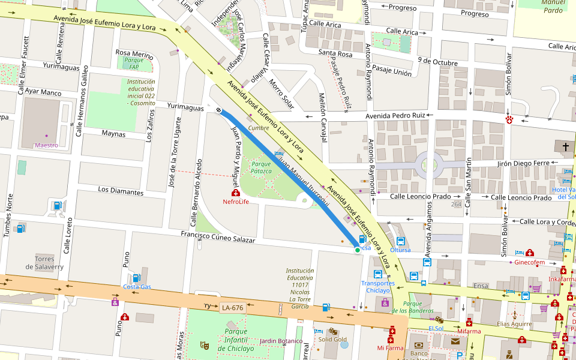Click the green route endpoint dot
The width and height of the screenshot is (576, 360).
point(358,250)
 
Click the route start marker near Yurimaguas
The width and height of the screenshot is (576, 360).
point(219,110)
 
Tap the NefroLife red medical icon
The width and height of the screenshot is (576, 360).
point(236,193)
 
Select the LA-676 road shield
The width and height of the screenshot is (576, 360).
point(232,308)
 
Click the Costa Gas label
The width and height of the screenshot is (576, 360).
point(137,287)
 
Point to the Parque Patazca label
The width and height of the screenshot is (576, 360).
point(262,167)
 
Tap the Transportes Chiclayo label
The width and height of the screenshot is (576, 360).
point(377,287)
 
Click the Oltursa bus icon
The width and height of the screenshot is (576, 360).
point(400,241)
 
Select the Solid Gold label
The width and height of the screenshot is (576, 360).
point(332,340)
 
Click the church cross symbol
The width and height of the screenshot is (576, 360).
point(565,147)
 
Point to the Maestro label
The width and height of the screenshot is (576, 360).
point(46,145)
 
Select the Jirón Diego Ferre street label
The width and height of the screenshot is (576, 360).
point(524,163)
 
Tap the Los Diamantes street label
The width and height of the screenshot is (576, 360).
point(121,191)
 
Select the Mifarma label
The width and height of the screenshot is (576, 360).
point(469,331)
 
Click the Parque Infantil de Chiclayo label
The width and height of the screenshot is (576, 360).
point(231,340)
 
